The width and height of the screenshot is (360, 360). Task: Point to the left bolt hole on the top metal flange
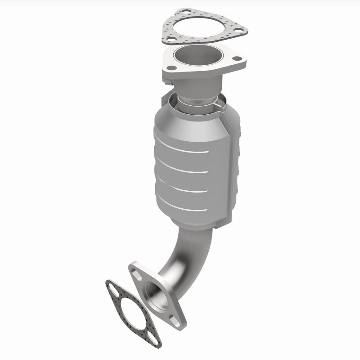tap(171, 67)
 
